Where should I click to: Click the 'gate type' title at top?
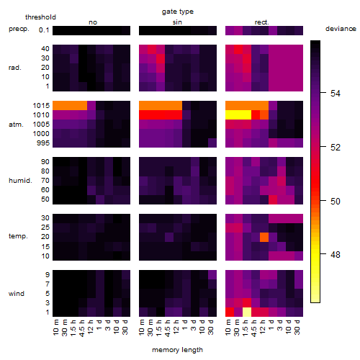[178, 12]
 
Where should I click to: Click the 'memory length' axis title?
[177, 350]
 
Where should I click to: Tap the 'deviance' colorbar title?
[341, 29]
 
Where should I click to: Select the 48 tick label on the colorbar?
[336, 254]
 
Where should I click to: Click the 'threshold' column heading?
[40, 17]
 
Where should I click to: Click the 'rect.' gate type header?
[261, 22]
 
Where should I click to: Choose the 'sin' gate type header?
[177, 22]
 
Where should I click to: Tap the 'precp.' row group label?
[19, 29]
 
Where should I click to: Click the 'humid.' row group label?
[20, 181]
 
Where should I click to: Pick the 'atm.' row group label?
[16, 125]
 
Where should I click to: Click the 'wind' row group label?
[17, 294]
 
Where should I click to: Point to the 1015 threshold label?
[41, 106]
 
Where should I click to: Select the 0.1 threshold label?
[44, 30]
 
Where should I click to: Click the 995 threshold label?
[43, 143]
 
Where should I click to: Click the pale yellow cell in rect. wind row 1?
[247, 312]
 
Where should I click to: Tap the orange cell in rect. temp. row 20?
[264, 237]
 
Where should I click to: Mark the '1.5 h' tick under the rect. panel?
[245, 328]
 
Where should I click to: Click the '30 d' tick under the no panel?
[125, 327]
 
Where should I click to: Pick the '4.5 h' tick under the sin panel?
[167, 328]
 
